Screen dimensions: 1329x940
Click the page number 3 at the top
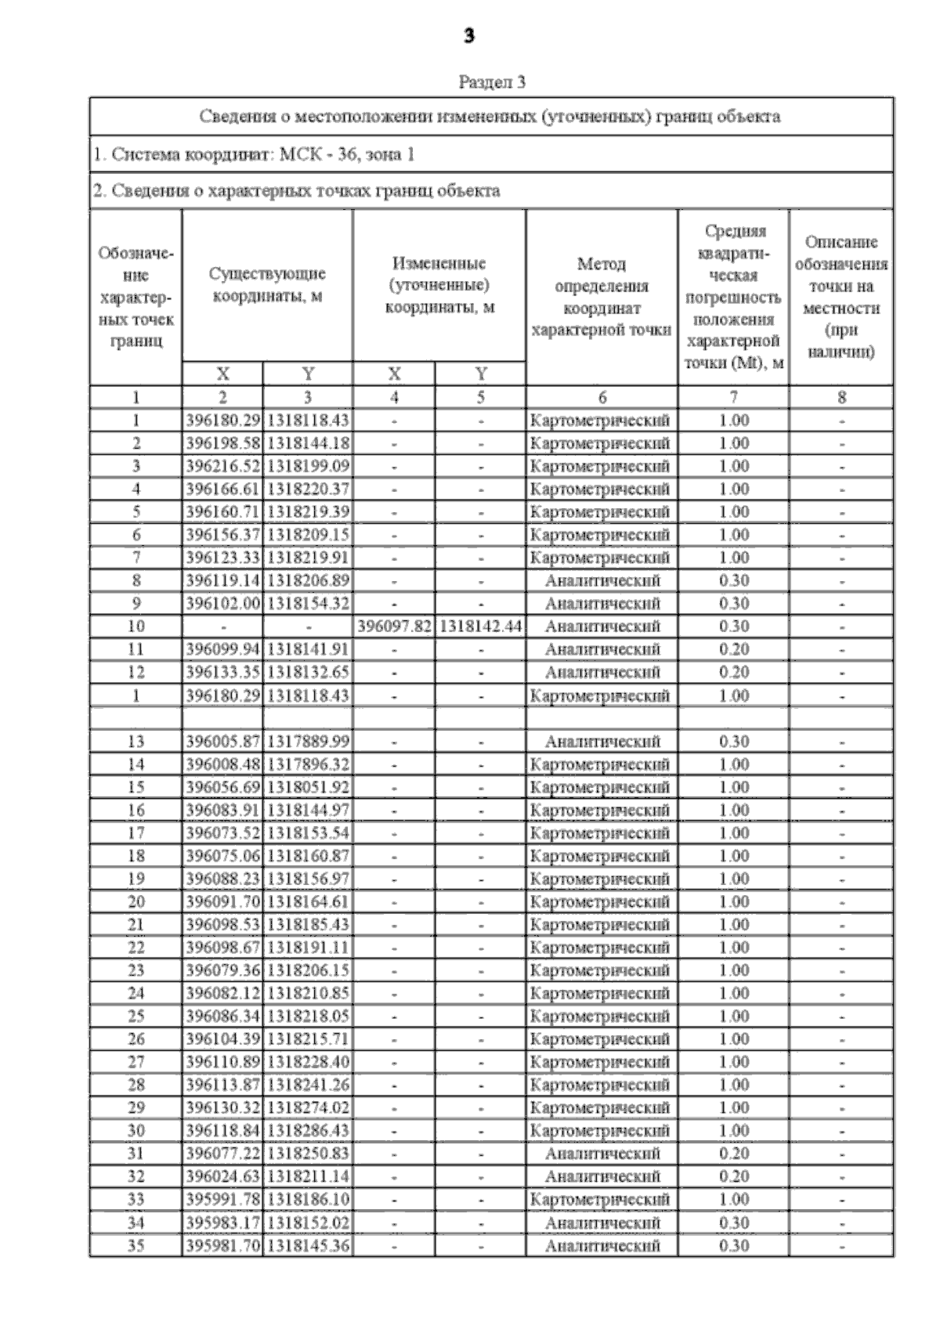468,36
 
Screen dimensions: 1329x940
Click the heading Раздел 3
491,81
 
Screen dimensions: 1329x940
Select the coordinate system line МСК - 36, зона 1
254,154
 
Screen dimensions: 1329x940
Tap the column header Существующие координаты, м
267,284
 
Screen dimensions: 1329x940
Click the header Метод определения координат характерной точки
601,297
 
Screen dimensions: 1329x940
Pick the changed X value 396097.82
394,627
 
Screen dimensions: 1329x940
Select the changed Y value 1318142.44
480,627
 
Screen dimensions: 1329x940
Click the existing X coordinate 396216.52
222,466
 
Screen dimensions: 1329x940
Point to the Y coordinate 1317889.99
308,741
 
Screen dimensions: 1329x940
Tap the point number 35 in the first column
136,1245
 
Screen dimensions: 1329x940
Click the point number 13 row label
136,741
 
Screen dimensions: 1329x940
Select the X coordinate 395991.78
222,1199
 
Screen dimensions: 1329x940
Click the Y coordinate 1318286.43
308,1131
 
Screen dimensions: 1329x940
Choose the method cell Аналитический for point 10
602,627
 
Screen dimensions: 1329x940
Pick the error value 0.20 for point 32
733,1176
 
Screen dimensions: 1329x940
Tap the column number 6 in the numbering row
602,397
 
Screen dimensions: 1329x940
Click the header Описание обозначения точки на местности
841,297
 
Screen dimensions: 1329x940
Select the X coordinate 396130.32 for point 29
222,1107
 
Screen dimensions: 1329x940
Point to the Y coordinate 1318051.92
308,787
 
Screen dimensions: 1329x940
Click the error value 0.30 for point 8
733,580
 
